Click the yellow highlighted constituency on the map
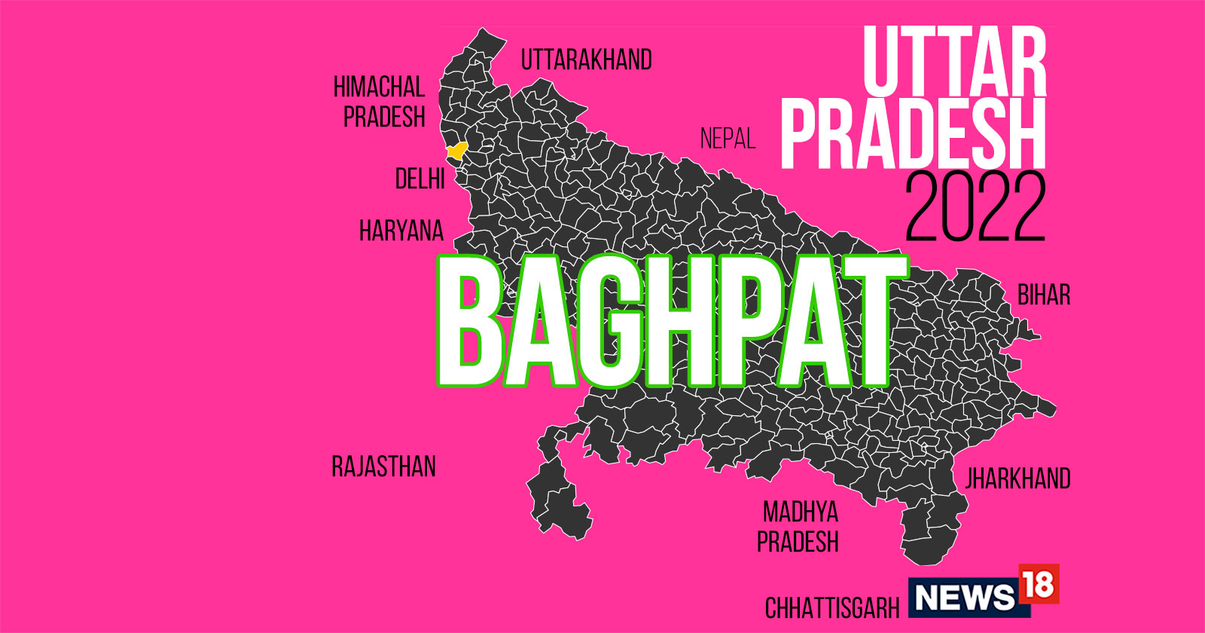pos(456,151)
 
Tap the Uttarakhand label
pos(586,60)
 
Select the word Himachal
pos(379,87)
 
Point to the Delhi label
pos(419,179)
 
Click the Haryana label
pos(401,231)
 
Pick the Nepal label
pos(727,139)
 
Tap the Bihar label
pos(1043,295)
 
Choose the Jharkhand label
pos(1017,479)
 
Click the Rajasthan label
pos(383,466)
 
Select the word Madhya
pos(800,512)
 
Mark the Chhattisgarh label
pos(831,607)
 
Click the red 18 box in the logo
pos(1039,584)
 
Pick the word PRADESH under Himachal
pos(384,118)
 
